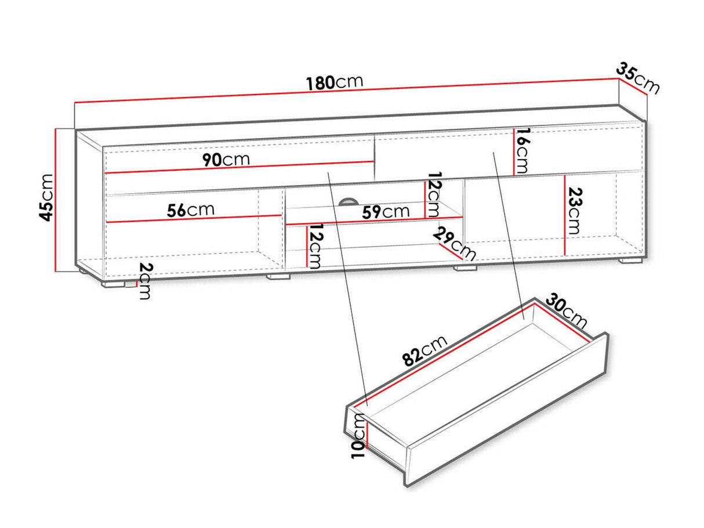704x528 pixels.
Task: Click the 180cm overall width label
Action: (x=335, y=83)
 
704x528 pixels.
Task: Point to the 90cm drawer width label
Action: (x=226, y=160)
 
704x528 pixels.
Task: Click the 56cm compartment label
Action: (x=191, y=210)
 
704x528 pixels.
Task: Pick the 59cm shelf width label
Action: (x=386, y=212)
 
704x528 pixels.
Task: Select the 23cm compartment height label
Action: (x=574, y=211)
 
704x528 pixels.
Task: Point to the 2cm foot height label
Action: (x=146, y=281)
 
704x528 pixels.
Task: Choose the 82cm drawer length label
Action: (x=425, y=350)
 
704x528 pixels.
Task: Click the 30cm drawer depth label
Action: (x=567, y=311)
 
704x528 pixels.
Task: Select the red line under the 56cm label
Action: (x=194, y=219)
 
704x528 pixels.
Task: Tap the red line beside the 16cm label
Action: (x=514, y=152)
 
